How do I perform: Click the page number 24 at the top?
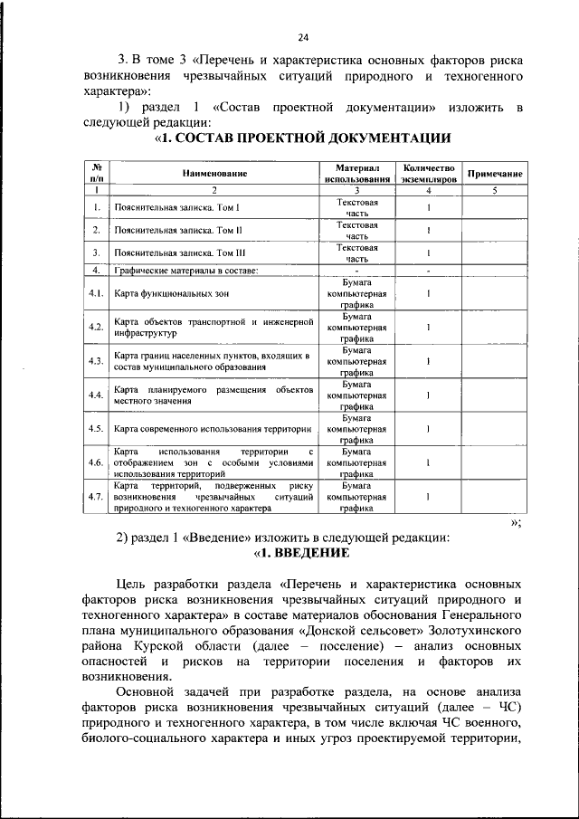coord(302,37)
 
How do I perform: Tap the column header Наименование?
coord(214,173)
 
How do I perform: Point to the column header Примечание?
coord(495,173)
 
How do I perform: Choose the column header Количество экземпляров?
coord(428,173)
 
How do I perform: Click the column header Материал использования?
coord(356,173)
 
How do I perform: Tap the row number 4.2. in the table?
coord(95,327)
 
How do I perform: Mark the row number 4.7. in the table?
coord(95,497)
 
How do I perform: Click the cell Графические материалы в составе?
coord(186,270)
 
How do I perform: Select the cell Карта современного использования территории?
coord(214,428)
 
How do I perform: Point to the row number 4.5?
coord(95,428)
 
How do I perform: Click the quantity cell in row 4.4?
coord(428,395)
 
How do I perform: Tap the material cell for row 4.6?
coord(356,462)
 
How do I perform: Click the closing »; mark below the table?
coord(516,522)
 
